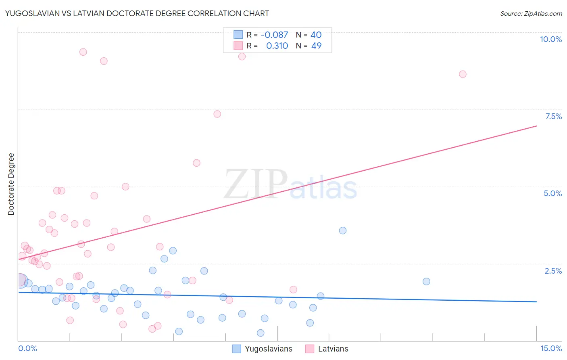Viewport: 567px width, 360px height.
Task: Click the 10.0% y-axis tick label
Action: pos(550,39)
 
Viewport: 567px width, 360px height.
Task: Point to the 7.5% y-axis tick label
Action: pos(553,116)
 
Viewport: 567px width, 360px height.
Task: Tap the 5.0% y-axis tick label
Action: pos(552,193)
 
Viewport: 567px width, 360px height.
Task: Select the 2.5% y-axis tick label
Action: pos(553,271)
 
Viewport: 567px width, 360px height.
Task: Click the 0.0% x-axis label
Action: pos(27,348)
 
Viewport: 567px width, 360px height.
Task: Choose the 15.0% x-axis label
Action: pos(551,348)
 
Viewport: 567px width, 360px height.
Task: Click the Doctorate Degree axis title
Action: pos(11,184)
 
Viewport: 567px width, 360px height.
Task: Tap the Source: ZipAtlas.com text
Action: pos(531,14)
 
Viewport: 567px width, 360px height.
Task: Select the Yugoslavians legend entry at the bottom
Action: pos(263,349)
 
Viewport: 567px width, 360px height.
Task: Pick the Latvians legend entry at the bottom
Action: pos(327,349)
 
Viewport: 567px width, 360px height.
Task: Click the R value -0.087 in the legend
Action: pos(274,35)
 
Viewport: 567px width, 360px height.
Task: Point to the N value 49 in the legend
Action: pos(316,46)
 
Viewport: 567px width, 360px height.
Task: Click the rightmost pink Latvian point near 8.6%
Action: pos(463,74)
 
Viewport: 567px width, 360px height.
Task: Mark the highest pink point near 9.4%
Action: pos(83,52)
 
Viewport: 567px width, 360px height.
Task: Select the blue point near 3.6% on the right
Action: pos(343,230)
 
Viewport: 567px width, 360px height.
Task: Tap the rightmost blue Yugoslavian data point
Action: pos(426,282)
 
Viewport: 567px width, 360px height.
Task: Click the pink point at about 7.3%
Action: pos(217,114)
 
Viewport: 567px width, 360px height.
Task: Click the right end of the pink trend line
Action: pos(536,126)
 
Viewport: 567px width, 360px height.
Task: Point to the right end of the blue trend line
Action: pos(536,302)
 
